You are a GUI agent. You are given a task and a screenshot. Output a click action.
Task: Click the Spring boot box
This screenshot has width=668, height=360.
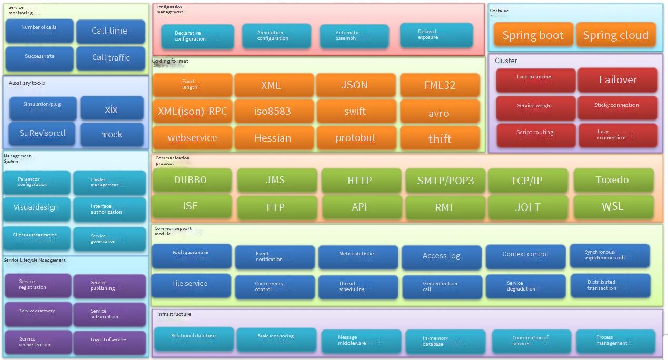(x=533, y=35)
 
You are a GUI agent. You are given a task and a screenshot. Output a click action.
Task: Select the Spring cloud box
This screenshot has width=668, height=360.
(x=615, y=35)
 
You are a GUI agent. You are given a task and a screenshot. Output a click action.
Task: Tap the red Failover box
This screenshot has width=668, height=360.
(x=617, y=80)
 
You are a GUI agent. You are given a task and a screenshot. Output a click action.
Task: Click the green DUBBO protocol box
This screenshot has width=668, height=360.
(x=191, y=180)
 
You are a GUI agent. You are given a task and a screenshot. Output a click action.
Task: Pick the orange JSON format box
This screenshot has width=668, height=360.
(x=355, y=85)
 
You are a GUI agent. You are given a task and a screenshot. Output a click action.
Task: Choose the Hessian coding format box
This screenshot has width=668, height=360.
(x=273, y=138)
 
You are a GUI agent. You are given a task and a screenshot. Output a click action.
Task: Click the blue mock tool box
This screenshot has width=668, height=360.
(x=112, y=135)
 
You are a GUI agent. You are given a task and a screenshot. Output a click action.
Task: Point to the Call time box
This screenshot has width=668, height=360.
(x=110, y=31)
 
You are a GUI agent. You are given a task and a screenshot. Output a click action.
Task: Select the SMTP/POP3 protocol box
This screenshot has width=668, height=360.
(x=445, y=181)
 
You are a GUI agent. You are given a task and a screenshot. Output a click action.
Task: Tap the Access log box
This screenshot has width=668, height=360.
(x=441, y=256)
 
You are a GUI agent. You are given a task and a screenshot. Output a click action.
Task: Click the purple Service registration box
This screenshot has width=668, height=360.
(x=37, y=285)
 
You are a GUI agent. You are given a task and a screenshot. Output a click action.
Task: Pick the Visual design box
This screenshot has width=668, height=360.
(x=36, y=207)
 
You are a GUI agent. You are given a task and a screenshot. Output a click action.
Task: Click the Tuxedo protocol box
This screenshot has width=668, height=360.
(x=612, y=180)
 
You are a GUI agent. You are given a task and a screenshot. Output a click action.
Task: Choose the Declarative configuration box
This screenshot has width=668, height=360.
(x=197, y=36)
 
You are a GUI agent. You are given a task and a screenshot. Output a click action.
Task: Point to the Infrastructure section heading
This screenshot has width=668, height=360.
(x=174, y=314)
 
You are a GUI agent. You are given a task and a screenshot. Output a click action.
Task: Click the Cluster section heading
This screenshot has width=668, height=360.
(x=506, y=61)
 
